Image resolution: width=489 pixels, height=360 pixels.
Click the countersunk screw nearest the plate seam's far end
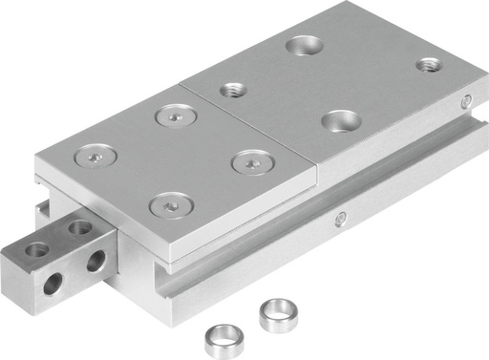pos(175,115)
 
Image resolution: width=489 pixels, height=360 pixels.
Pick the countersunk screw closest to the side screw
pos(249,162)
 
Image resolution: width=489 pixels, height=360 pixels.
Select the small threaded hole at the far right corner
pos(428,65)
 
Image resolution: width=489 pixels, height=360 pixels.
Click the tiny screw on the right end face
pos(466,99)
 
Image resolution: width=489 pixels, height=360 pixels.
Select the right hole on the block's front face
pos(96,262)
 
